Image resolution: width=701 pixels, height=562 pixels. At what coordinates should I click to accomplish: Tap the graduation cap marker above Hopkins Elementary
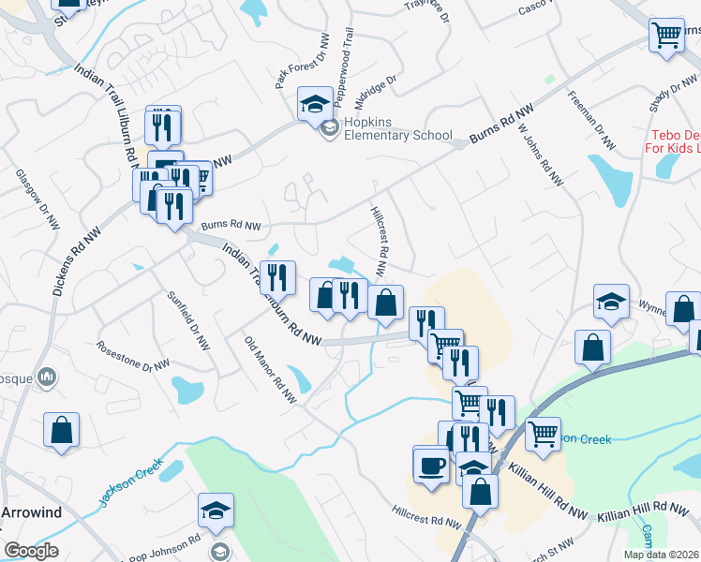click(315, 102)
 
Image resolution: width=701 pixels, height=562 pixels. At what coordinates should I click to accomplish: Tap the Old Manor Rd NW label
click(270, 369)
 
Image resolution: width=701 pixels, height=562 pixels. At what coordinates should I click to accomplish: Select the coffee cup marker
click(431, 464)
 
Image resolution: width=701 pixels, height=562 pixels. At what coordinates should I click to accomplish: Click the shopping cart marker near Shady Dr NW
click(666, 36)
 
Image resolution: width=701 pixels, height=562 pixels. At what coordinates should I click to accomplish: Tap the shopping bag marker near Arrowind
click(61, 430)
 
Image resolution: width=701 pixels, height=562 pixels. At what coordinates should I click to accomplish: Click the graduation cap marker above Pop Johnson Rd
click(216, 510)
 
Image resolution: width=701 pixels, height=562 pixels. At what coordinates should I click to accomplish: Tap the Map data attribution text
click(661, 555)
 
